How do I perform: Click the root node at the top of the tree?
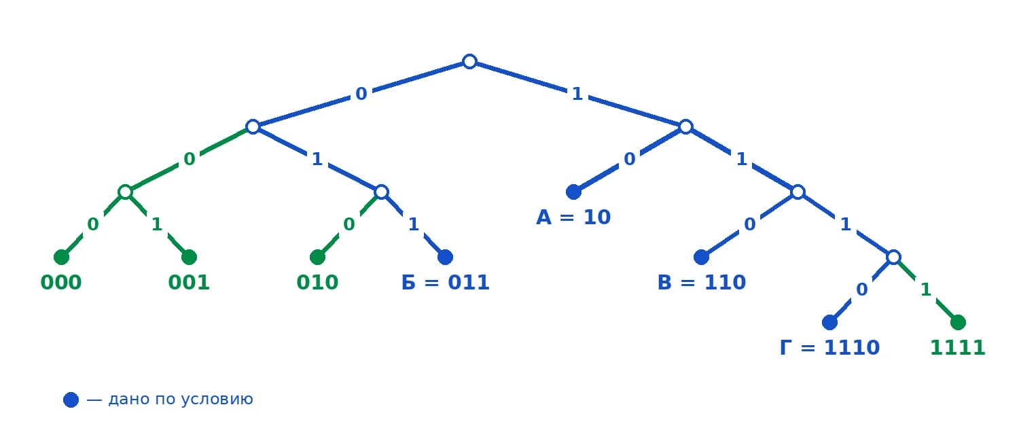click(x=469, y=61)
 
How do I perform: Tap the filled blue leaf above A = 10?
click(x=573, y=192)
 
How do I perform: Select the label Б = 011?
click(x=445, y=283)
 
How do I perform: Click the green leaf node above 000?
click(x=61, y=257)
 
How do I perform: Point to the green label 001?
click(x=189, y=283)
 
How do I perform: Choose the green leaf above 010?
click(x=317, y=257)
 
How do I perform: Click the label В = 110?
click(x=702, y=283)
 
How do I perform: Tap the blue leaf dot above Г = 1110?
click(x=829, y=323)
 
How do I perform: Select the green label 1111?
click(x=958, y=348)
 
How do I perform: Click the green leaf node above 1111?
click(x=958, y=323)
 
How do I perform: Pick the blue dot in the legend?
click(x=71, y=400)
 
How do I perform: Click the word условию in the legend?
click(x=217, y=400)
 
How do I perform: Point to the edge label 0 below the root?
click(x=361, y=94)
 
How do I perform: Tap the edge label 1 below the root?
click(x=577, y=94)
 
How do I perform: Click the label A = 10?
click(x=573, y=217)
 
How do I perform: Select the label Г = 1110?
click(x=829, y=348)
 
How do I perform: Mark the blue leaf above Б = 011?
click(x=446, y=257)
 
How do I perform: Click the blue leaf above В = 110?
click(x=702, y=257)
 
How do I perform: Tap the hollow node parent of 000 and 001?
click(x=125, y=192)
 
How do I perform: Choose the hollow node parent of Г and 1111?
click(x=894, y=257)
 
